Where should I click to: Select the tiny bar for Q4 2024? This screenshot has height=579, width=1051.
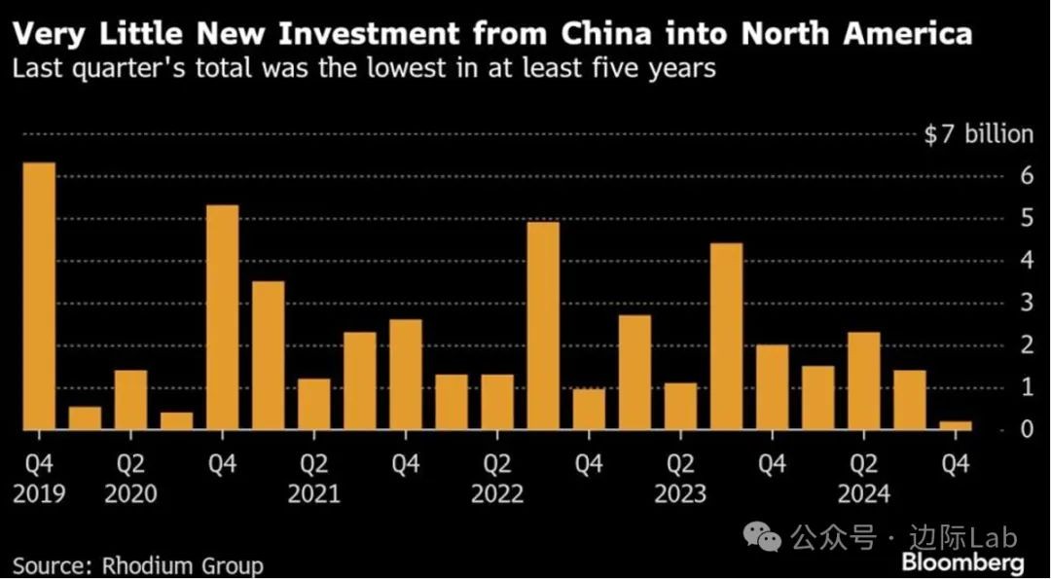point(956,425)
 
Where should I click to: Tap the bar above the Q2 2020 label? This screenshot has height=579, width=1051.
point(130,399)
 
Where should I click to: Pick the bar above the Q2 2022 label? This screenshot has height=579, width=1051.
point(497,401)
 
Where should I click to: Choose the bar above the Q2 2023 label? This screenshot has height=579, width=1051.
point(681,405)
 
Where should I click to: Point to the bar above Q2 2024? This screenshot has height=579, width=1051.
point(864,380)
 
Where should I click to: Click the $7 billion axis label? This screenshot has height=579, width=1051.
point(977,134)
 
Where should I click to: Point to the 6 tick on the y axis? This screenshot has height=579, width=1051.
point(1026,176)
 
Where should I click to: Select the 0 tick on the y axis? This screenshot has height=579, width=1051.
point(1026,429)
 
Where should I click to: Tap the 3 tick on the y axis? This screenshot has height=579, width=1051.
point(1026,303)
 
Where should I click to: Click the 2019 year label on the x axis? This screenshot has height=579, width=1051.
point(39,494)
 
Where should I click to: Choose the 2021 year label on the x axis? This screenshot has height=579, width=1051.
point(314,494)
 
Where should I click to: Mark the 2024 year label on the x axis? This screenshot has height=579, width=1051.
point(864,494)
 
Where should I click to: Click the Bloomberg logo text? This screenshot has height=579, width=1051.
point(962,562)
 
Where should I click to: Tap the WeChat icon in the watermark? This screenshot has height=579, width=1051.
point(762,536)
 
